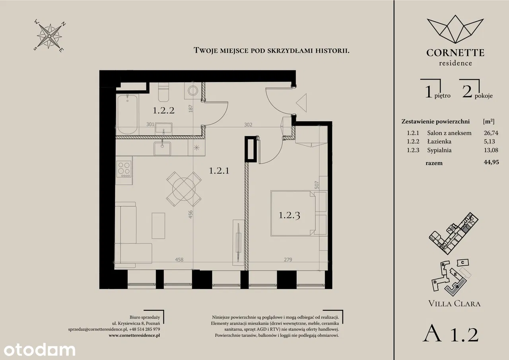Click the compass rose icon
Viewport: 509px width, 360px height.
[x=49, y=36]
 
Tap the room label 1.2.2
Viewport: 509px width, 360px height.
[x=163, y=111]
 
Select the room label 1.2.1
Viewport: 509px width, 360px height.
[x=219, y=171]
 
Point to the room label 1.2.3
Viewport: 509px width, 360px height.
[x=289, y=215]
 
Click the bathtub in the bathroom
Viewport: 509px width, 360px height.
[x=128, y=115]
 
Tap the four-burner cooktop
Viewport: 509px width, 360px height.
[x=124, y=169]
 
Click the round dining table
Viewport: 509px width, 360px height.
[x=184, y=189]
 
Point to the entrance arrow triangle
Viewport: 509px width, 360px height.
[x=301, y=103]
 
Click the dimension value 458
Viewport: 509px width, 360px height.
[x=179, y=259]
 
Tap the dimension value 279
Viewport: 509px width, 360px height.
[x=288, y=259]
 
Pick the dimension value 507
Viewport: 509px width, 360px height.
[x=317, y=185]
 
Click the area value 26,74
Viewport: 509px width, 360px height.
[x=491, y=133]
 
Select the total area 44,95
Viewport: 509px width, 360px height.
[x=491, y=162]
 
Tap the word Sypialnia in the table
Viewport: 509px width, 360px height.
[x=439, y=150]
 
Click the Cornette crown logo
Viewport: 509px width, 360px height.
[x=455, y=29]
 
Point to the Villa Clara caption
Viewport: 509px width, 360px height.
[x=455, y=304]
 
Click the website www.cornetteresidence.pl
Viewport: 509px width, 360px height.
[x=134, y=335]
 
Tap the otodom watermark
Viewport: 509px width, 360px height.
[x=39, y=350]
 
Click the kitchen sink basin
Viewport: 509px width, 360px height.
[x=162, y=148]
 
